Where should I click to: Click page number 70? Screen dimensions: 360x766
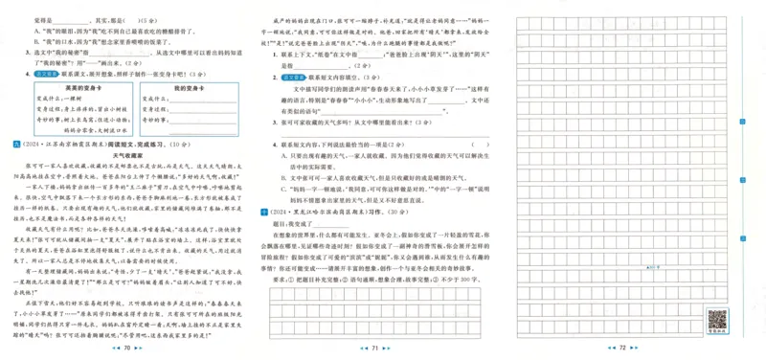128,349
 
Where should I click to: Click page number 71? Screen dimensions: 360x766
376,349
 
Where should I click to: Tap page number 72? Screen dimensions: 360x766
621,349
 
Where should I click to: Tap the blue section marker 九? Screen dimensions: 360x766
9,143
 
